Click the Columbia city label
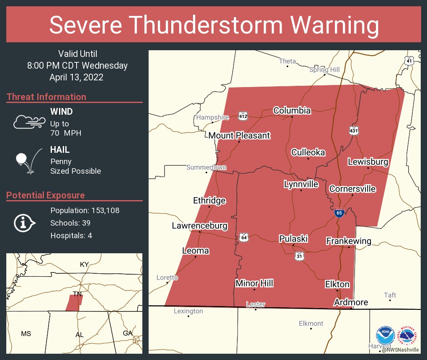click(x=292, y=111)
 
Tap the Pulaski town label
click(x=293, y=239)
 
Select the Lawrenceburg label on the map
click(x=199, y=226)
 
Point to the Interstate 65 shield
click(x=339, y=213)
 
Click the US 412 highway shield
click(x=243, y=116)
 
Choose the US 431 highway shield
click(x=354, y=131)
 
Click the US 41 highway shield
click(x=409, y=61)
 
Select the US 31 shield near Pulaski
click(x=298, y=257)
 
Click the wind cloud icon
click(x=29, y=121)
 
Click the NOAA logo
click(x=385, y=335)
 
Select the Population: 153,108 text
click(x=85, y=210)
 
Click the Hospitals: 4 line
click(x=71, y=235)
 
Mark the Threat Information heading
click(x=46, y=97)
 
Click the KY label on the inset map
click(x=85, y=264)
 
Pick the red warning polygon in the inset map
click(x=75, y=303)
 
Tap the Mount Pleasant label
click(x=239, y=136)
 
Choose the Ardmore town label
click(x=351, y=302)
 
